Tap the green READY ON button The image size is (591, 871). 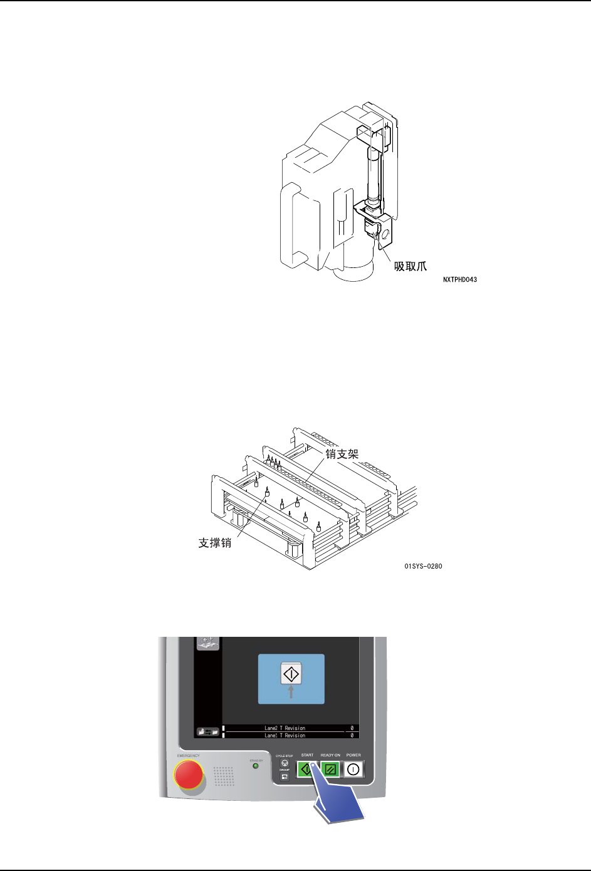click(x=330, y=769)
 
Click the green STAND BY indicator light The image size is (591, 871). click(x=255, y=766)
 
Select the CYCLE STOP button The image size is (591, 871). click(x=285, y=763)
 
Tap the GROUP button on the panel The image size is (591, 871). click(x=285, y=777)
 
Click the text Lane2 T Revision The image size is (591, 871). click(x=285, y=728)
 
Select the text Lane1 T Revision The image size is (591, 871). click(x=285, y=735)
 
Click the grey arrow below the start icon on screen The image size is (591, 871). click(x=291, y=691)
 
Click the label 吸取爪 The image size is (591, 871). click(x=410, y=265)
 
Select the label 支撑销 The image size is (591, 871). click(x=215, y=543)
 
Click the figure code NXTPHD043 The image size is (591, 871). click(x=459, y=280)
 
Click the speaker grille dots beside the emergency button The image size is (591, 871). click(x=224, y=776)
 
